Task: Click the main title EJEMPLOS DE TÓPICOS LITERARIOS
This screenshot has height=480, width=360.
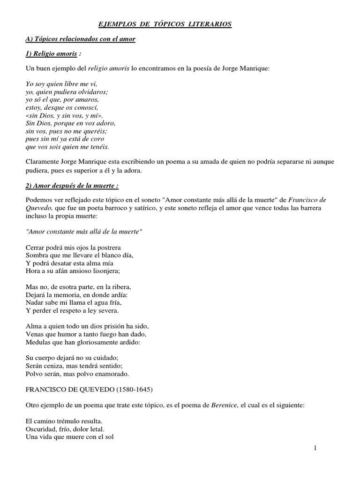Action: pyautogui.click(x=165, y=24)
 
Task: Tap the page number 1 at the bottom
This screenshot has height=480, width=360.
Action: pyautogui.click(x=315, y=449)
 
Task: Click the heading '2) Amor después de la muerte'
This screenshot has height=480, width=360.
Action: pyautogui.click(x=72, y=186)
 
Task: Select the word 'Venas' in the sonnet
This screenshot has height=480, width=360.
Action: pyautogui.click(x=34, y=334)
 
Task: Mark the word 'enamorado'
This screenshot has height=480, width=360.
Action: pyautogui.click(x=108, y=375)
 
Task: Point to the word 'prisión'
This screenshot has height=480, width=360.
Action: pyautogui.click(x=107, y=326)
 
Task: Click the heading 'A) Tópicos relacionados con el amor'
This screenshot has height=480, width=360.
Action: pyautogui.click(x=80, y=39)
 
